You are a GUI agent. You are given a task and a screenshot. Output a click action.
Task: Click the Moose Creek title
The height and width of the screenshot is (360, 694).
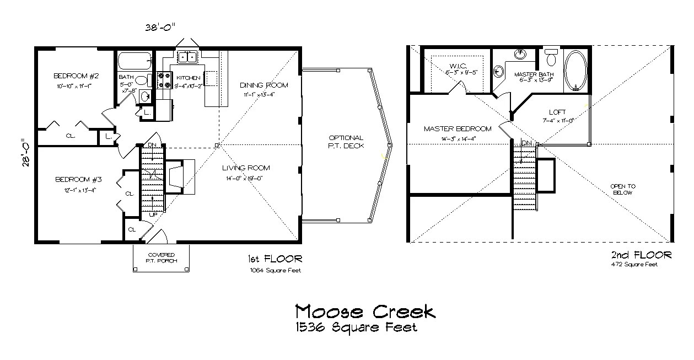[x=365, y=311]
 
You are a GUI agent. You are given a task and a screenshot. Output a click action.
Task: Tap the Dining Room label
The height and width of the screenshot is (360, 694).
[x=264, y=85]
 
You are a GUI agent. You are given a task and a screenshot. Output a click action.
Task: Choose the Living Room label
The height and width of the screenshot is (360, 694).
[x=246, y=168]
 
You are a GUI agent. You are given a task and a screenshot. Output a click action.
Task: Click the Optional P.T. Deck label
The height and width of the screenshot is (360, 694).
[x=346, y=142]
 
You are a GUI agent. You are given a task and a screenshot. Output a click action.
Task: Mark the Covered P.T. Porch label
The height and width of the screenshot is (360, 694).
[x=161, y=257]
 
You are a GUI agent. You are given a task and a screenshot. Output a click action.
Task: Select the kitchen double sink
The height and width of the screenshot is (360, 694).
[x=187, y=57]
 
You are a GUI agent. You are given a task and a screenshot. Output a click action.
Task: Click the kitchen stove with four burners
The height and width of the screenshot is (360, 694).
[x=162, y=81]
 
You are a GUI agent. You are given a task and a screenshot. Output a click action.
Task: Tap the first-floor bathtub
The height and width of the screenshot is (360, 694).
[x=134, y=60]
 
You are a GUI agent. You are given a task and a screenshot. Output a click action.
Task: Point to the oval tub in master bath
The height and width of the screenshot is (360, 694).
[x=576, y=71]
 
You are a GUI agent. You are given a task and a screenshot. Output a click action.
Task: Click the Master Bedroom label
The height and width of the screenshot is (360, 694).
[x=457, y=129]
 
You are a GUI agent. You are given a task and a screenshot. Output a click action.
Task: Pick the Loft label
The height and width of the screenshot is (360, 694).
[x=557, y=112]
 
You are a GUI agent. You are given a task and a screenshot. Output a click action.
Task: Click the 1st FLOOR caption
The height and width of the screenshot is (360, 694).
[x=274, y=259]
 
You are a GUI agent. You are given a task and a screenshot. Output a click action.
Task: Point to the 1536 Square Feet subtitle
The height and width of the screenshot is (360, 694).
[x=356, y=327]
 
